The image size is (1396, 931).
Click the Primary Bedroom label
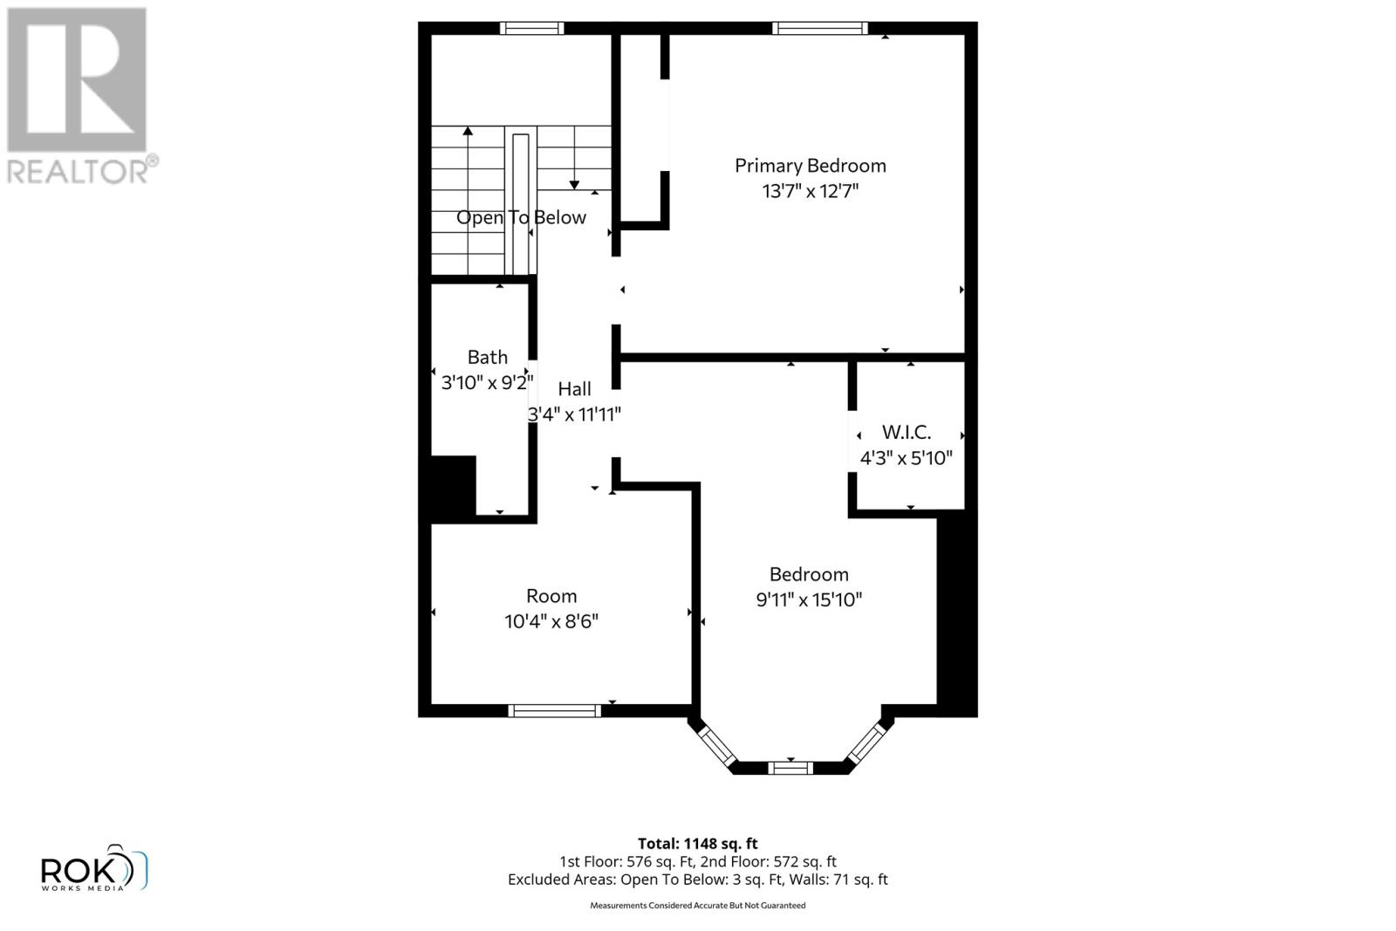[x=810, y=166]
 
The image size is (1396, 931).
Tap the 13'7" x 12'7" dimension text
[x=810, y=191]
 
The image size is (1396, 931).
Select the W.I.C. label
[x=906, y=432]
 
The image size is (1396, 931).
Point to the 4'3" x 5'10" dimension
[x=906, y=458]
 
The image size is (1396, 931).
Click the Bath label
[x=487, y=357]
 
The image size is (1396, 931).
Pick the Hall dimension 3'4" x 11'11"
[x=574, y=414]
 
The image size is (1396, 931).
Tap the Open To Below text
[x=521, y=217]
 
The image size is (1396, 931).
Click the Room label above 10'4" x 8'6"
[x=551, y=596]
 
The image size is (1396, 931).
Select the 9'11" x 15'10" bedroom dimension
[x=809, y=599]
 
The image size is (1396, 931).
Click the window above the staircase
[x=531, y=28]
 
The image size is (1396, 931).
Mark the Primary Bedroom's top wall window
[x=819, y=28]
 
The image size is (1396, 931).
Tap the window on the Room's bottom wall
[x=554, y=710]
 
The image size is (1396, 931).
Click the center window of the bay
[x=790, y=768]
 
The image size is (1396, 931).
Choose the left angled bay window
[x=718, y=746]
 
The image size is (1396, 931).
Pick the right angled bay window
[x=866, y=742]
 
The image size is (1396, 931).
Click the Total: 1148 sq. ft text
[x=697, y=844]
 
